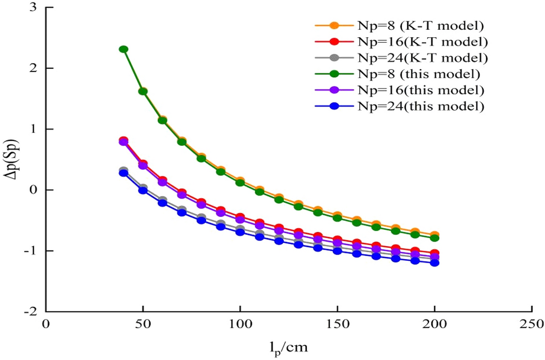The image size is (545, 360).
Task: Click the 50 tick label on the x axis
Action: click(143, 325)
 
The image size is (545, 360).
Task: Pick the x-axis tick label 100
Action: click(240, 325)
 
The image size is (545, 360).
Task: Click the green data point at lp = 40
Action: click(124, 50)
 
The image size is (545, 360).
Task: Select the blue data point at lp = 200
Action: click(435, 263)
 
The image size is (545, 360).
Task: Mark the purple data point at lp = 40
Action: click(123, 142)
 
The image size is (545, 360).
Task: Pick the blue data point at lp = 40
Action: click(124, 173)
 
